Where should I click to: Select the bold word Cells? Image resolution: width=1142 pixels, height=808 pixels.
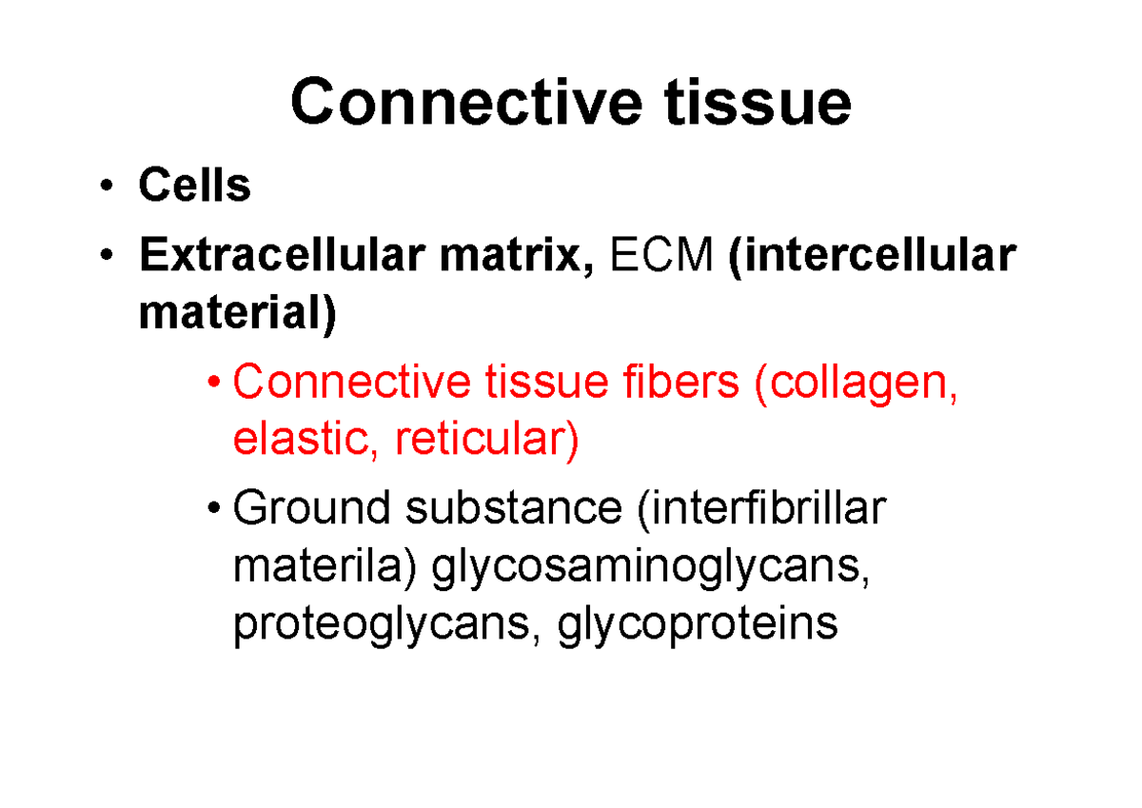click(x=194, y=186)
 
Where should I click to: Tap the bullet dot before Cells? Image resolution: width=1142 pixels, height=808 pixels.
click(x=112, y=187)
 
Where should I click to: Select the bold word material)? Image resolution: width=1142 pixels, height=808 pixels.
click(x=237, y=315)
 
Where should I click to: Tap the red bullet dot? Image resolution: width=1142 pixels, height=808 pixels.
click(x=218, y=384)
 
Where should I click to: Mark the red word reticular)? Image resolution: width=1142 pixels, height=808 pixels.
click(x=486, y=441)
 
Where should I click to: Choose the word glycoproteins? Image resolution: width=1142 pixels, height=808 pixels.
click(x=698, y=625)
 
